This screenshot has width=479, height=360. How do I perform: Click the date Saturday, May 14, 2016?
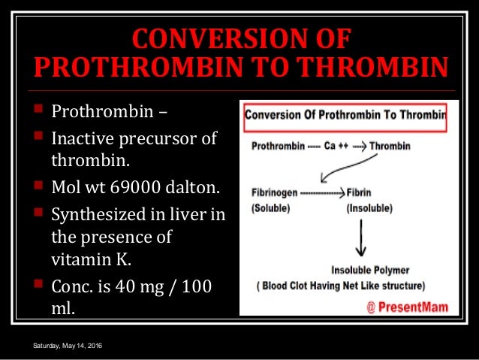click(x=68, y=345)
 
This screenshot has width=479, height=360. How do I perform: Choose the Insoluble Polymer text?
click(x=372, y=270)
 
